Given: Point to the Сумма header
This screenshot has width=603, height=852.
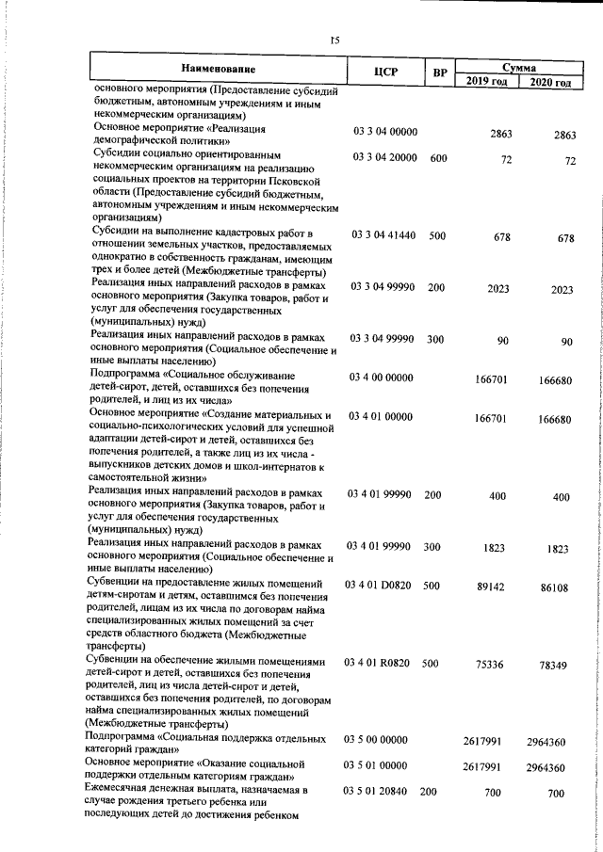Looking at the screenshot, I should [x=519, y=68].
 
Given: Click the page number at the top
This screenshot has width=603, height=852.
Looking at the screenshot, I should [x=334, y=40].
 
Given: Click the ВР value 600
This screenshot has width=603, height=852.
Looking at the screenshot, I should [x=438, y=158].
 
